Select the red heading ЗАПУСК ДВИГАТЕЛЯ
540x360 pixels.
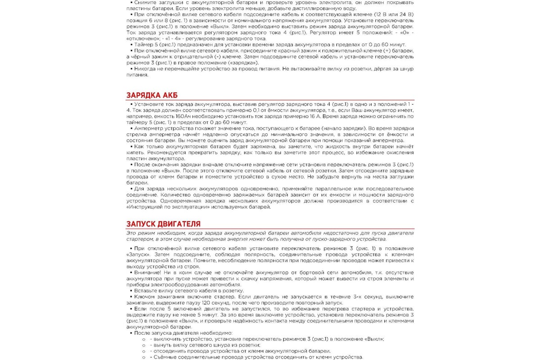163,224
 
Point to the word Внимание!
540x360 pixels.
149,273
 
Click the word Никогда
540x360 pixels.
145,69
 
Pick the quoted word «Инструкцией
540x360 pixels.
143,207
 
